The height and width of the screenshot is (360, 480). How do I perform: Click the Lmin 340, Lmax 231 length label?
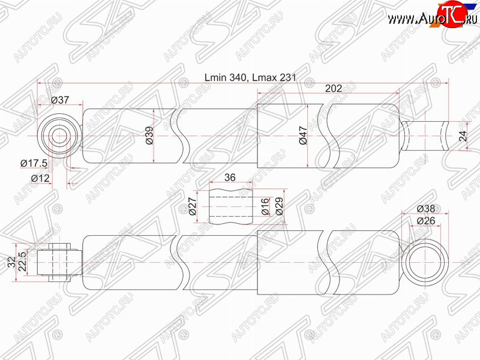pyautogui.click(x=250, y=77)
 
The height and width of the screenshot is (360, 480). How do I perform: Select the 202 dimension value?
pyautogui.click(x=334, y=88)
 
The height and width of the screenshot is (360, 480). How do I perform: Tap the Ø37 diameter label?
pyautogui.click(x=60, y=100)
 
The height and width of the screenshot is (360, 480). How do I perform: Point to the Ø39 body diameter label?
pyautogui.click(x=149, y=136)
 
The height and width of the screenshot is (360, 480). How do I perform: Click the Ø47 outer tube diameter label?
pyautogui.click(x=303, y=136)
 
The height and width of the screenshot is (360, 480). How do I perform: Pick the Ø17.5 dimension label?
pyautogui.click(x=34, y=163)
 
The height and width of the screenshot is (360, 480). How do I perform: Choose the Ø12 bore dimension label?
pyautogui.click(x=40, y=178)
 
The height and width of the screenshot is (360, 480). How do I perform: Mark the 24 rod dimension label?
pyautogui.click(x=463, y=136)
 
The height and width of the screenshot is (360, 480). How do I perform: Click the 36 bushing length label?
pyautogui.click(x=230, y=177)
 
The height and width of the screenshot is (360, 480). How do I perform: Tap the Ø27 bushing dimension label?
pyautogui.click(x=193, y=206)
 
